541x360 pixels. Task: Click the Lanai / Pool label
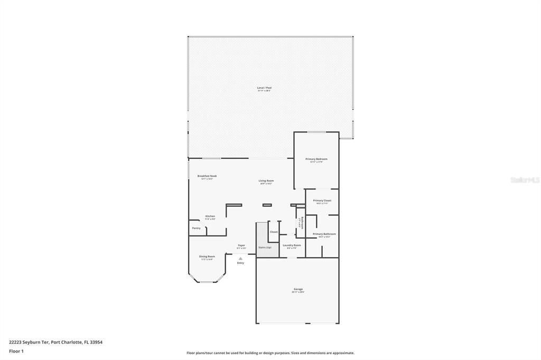coord(264,88)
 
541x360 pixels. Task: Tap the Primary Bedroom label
coord(316,159)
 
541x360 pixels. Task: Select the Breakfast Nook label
coord(207,176)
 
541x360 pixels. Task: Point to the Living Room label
coord(266,181)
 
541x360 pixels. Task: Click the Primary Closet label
coord(322,201)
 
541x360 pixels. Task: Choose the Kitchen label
coord(210,216)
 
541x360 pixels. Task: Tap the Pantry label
coord(196,228)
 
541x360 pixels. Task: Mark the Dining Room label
coord(207,257)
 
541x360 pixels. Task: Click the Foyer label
coord(241,245)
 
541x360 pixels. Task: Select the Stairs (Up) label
coord(265,247)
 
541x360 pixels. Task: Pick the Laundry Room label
coord(292,245)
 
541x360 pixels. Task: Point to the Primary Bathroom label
coord(324,234)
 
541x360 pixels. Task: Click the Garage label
coord(299,289)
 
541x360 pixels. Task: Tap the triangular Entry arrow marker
coord(240,258)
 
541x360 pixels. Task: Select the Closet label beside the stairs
coord(274,232)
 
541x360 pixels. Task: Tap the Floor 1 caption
coord(16,351)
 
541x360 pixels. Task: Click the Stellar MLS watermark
coord(525,180)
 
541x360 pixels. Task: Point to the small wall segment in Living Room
coord(267,205)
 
